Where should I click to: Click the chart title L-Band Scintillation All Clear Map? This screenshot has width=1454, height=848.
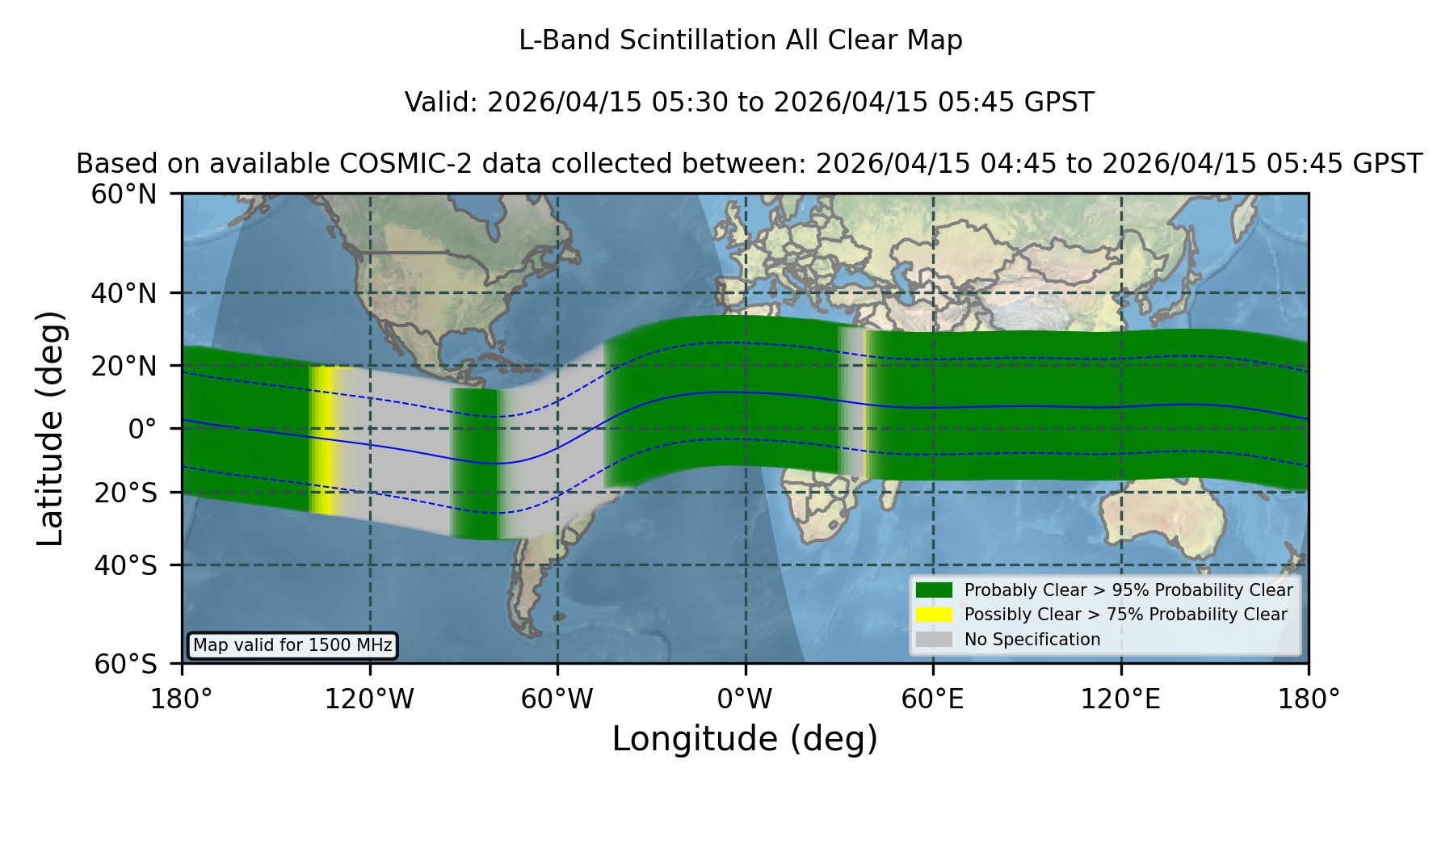point(740,40)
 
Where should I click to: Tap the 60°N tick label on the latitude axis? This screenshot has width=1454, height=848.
point(124,194)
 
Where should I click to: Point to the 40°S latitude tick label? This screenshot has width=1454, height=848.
point(125,565)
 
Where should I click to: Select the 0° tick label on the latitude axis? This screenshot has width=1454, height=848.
point(142,429)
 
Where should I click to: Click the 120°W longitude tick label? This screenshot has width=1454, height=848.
point(369,699)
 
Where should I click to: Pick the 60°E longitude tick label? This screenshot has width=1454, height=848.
point(933,699)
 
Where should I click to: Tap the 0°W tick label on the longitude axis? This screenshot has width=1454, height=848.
point(745,699)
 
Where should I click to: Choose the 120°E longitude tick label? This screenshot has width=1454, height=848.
point(1121,699)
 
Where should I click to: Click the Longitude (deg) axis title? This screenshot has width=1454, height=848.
point(745,739)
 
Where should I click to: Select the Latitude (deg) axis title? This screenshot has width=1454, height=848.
point(50,428)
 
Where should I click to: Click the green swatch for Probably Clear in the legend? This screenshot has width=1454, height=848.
point(934,590)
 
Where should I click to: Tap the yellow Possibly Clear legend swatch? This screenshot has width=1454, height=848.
point(934,615)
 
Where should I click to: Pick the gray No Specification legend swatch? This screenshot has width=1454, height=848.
point(934,640)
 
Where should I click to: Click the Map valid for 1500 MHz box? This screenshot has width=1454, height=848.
point(292,645)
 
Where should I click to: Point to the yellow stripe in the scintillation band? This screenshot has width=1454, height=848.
point(324,440)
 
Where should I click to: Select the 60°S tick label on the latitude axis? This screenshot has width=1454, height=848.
point(125,664)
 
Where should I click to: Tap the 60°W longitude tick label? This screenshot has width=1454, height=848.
point(557,699)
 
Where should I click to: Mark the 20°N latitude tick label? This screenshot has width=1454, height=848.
point(124,366)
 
